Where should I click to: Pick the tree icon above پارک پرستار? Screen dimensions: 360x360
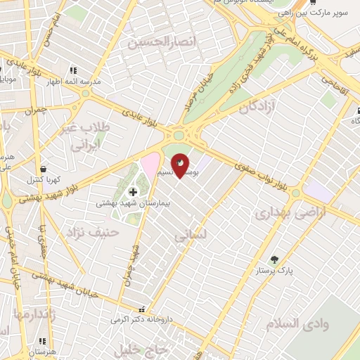click(274, 259)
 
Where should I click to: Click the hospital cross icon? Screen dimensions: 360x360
click(133, 192)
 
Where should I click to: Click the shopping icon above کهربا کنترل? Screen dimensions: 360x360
click(44, 170)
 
